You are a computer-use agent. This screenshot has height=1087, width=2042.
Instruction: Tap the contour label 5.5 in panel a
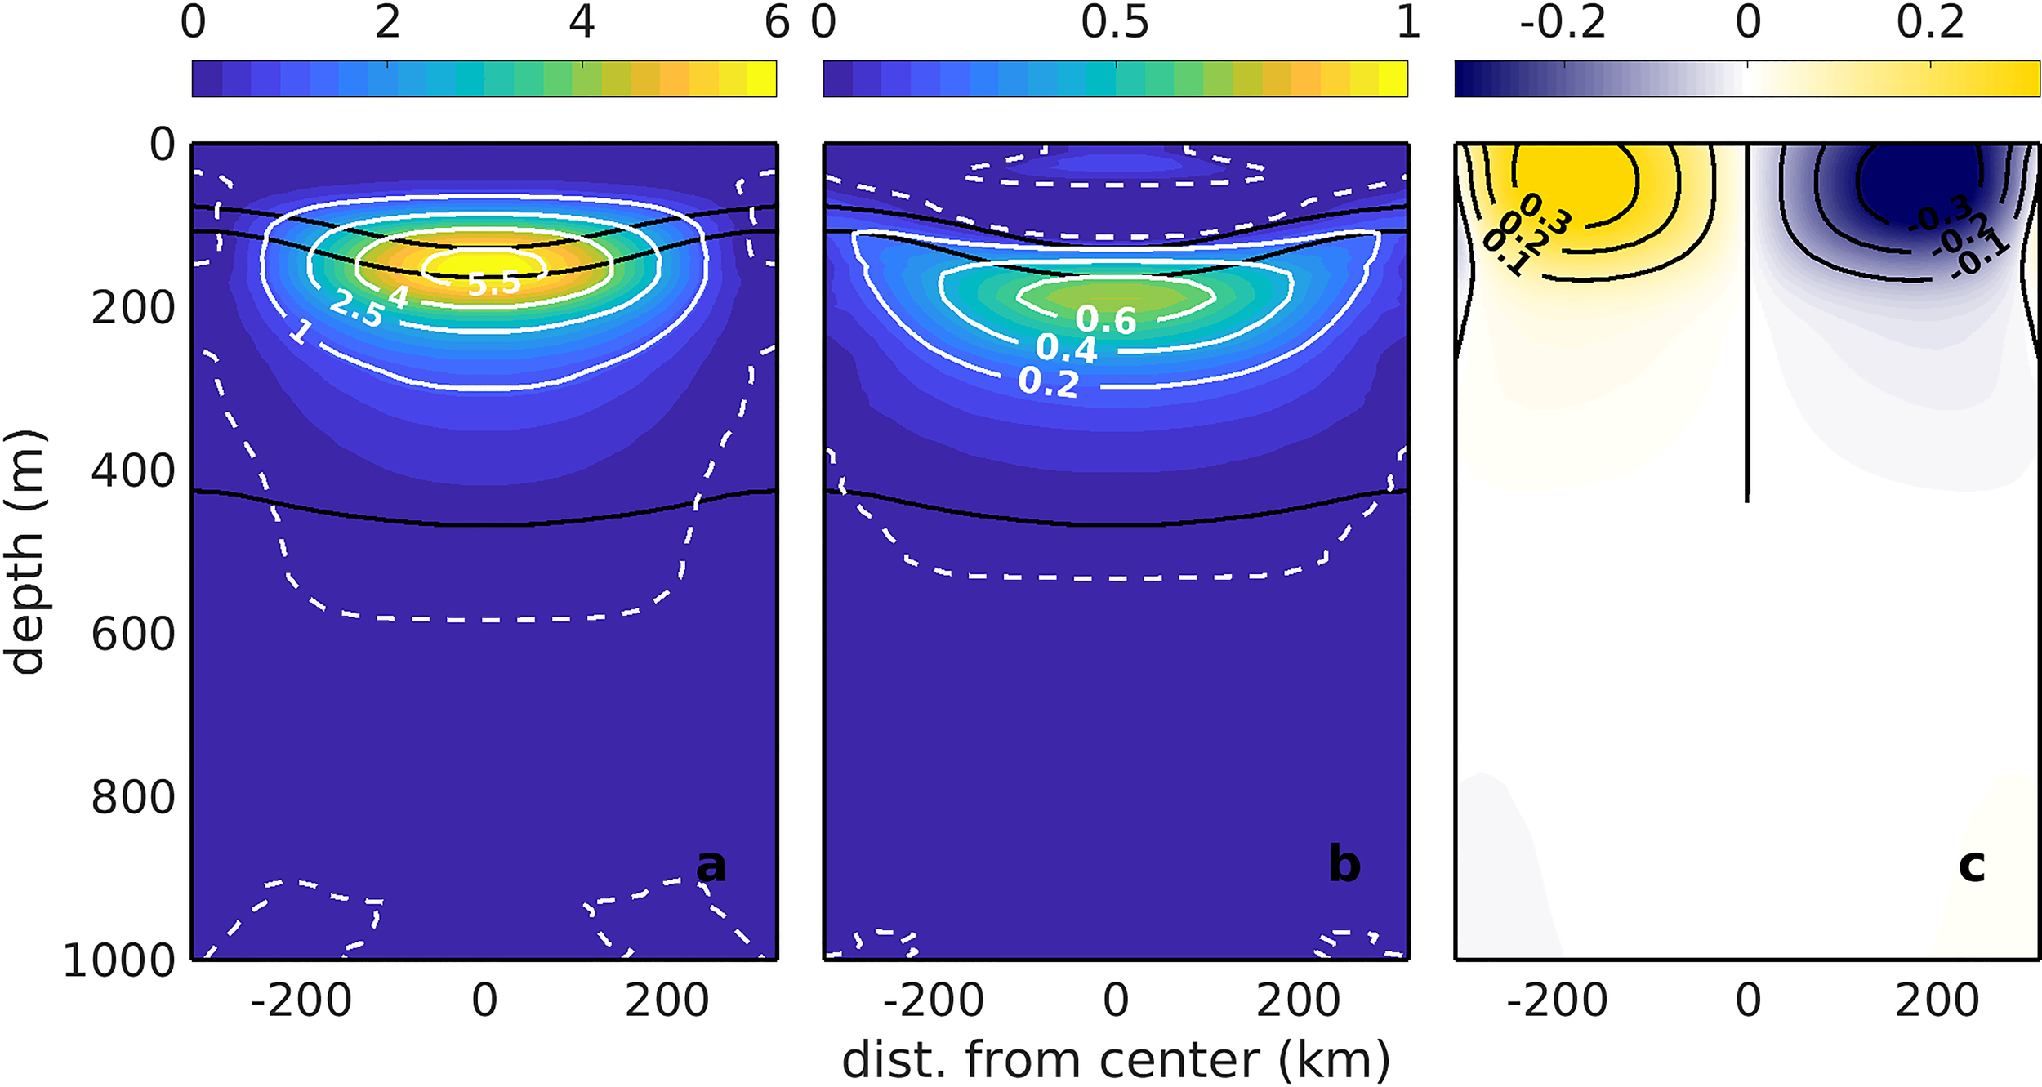click(x=494, y=283)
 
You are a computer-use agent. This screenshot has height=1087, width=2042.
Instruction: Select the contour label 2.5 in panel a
click(x=356, y=310)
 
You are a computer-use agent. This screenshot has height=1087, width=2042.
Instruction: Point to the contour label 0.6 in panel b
click(x=1106, y=321)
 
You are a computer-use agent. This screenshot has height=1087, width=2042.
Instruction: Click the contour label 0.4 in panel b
click(x=1067, y=349)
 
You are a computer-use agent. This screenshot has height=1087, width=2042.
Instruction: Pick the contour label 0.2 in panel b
click(x=1049, y=382)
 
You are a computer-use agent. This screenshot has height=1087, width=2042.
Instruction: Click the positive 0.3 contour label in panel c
click(x=1545, y=213)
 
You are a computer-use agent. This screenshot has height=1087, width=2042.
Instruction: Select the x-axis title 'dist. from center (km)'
click(x=1116, y=1060)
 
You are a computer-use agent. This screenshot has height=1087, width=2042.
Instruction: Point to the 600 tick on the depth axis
click(x=133, y=635)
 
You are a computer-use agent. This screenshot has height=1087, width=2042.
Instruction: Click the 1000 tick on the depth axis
click(x=119, y=960)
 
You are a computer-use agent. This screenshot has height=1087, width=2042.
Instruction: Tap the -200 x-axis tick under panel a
click(x=301, y=1000)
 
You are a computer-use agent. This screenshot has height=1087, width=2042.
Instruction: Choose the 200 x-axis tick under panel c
click(x=1937, y=1000)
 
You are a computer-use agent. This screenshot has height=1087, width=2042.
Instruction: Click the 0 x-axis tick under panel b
click(x=1116, y=1000)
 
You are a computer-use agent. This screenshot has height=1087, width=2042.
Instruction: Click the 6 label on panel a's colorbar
click(x=777, y=22)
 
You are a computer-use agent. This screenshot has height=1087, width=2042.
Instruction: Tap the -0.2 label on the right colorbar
click(x=1563, y=22)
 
